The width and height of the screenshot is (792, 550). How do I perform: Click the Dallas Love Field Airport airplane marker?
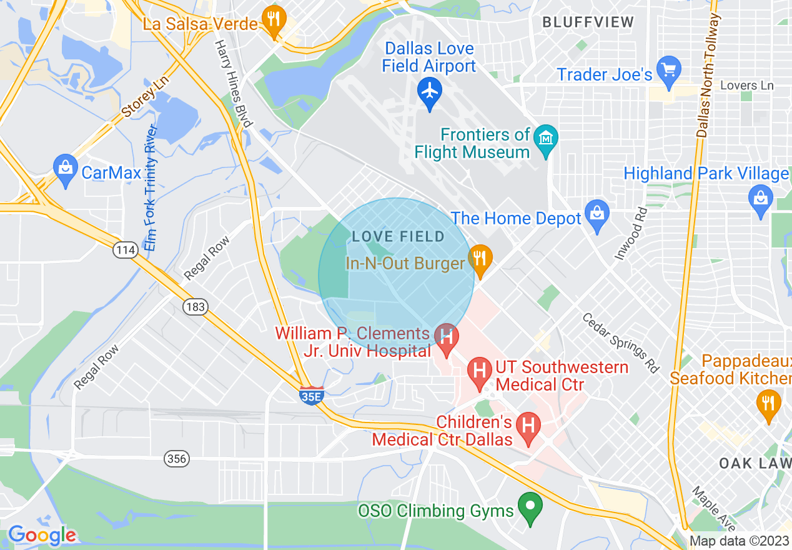[429, 91]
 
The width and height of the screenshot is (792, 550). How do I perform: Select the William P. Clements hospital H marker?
[446, 337]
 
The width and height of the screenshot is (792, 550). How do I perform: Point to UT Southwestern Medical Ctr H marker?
[480, 369]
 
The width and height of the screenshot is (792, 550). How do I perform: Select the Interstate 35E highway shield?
[311, 395]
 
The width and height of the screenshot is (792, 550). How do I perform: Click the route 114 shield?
[125, 250]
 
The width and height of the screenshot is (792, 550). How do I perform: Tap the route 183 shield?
[195, 306]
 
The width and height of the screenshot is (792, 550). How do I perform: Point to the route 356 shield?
[177, 459]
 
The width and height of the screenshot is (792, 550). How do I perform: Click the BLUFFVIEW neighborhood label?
[588, 22]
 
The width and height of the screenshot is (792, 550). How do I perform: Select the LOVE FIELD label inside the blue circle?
[398, 237]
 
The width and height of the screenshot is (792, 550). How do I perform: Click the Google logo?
[42, 536]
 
